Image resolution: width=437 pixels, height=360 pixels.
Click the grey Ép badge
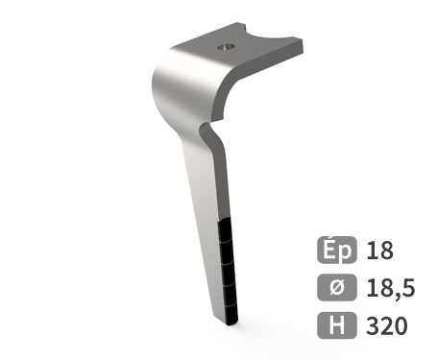coord(336,251)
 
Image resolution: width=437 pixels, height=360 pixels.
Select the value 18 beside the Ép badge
coord(379,251)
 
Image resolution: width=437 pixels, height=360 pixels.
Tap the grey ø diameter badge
coord(336,288)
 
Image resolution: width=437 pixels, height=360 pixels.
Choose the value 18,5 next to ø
coord(387,288)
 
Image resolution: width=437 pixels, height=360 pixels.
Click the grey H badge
coord(336,325)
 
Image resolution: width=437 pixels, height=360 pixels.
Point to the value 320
coord(386,325)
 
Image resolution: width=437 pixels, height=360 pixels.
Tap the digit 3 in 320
coord(372,325)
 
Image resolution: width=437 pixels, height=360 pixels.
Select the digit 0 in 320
coord(401,325)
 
